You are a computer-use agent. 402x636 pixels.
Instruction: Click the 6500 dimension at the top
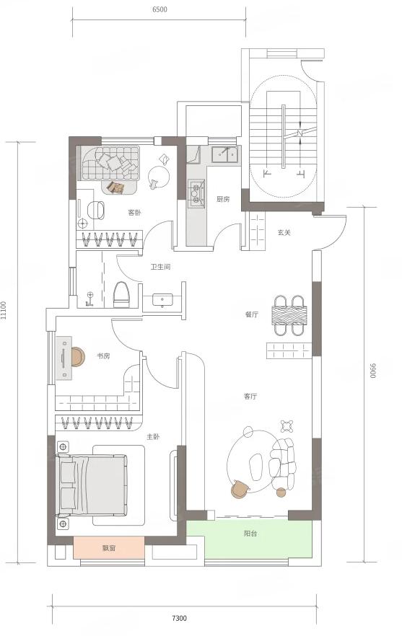160,10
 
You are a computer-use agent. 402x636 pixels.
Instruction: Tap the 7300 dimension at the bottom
179,618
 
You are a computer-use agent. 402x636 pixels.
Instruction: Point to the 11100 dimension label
4,310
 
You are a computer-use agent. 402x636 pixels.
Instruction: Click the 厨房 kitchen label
223,199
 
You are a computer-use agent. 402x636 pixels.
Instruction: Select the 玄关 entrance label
284,232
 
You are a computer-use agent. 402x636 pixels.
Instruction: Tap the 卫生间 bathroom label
160,267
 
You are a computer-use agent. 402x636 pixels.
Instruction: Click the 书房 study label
103,356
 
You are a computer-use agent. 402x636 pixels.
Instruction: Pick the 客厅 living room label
250,397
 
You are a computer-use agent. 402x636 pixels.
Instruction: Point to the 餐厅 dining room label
252,314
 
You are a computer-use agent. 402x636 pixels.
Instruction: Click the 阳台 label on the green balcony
250,534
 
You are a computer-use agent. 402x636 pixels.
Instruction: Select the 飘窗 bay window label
109,548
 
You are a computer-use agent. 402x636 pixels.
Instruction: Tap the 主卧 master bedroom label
153,437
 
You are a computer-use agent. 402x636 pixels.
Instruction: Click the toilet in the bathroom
121,294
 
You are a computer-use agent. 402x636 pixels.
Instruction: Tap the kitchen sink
226,154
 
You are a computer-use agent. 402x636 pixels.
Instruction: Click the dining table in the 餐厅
289,315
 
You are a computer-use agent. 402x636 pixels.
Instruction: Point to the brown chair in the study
77,357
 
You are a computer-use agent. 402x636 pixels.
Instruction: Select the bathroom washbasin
162,301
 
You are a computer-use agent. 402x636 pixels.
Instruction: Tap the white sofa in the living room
283,464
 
